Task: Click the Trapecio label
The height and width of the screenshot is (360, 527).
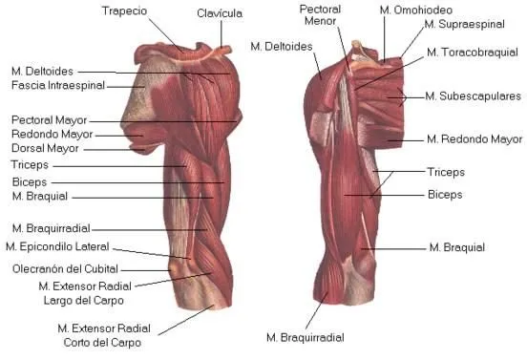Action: (x=124, y=11)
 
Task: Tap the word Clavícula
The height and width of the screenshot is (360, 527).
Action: (x=220, y=14)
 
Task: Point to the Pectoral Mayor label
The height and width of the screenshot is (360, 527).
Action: (x=49, y=121)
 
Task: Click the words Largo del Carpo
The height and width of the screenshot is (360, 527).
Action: (x=78, y=300)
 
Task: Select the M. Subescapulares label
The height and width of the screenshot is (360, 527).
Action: (x=473, y=96)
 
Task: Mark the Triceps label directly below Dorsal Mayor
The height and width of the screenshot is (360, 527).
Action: (x=30, y=165)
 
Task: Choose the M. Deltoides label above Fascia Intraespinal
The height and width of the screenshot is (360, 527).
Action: (x=43, y=72)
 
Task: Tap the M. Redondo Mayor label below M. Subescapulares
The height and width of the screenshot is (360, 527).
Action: (x=474, y=139)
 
